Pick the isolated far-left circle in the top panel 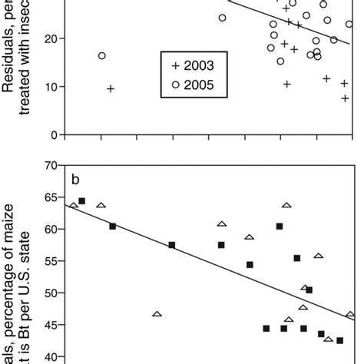[x=102, y=55]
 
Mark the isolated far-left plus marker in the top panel [x=110, y=89]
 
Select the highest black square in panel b [x=82, y=201]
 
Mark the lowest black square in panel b [x=339, y=340]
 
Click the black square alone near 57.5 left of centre [x=172, y=245]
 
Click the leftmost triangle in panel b [x=74, y=205]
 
